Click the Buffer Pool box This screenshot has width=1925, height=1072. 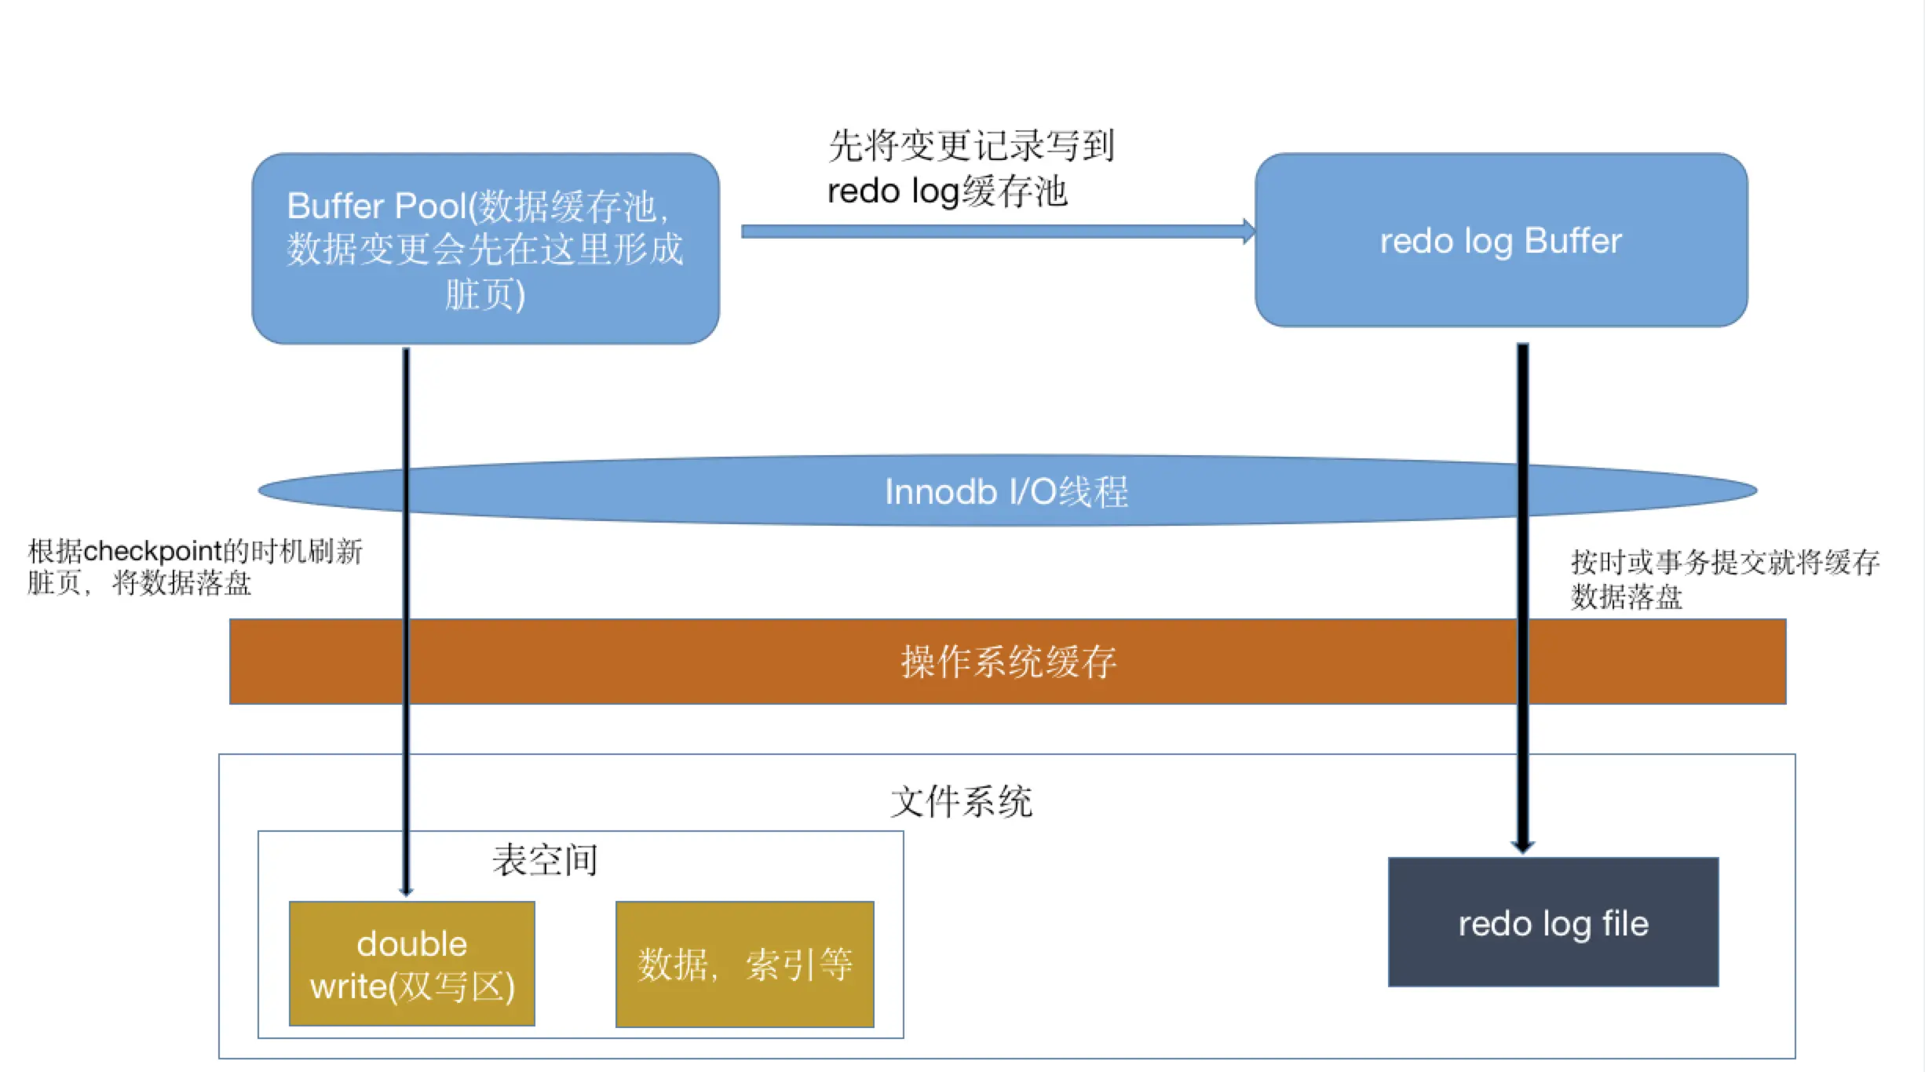[x=485, y=248]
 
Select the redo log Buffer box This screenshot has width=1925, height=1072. [x=1500, y=240]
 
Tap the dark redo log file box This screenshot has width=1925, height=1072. [x=1553, y=922]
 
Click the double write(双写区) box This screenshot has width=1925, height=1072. [x=411, y=964]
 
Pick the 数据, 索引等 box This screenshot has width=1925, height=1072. [x=744, y=964]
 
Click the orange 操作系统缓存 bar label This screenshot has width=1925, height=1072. [x=1008, y=662]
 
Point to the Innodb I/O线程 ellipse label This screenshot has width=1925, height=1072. [x=1006, y=492]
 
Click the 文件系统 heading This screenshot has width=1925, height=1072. [x=961, y=801]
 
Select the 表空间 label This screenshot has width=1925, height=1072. [x=545, y=860]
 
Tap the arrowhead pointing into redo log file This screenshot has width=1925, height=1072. [x=1522, y=846]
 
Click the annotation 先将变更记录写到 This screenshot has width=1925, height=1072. [x=971, y=145]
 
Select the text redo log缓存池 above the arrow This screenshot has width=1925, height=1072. [x=948, y=191]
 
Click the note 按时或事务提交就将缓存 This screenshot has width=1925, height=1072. [x=1725, y=562]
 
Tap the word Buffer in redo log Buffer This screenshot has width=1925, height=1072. [x=1573, y=240]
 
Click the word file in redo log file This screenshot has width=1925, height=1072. [x=1625, y=923]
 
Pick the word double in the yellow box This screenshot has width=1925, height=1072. [x=411, y=943]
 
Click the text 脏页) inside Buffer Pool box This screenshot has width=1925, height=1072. [x=485, y=295]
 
